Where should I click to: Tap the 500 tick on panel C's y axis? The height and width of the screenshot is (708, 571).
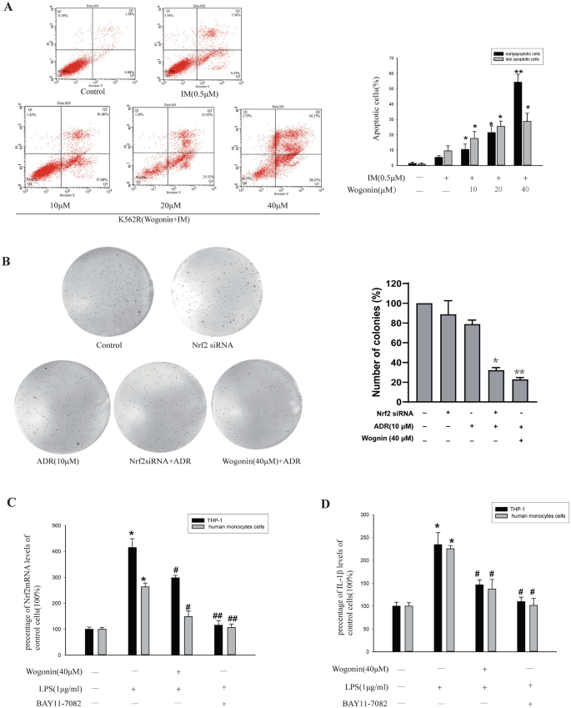pos(57,525)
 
